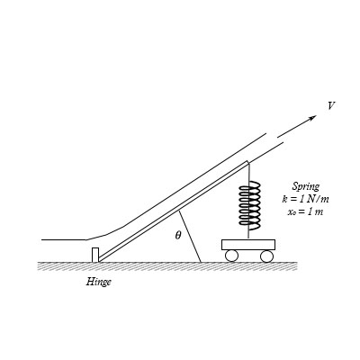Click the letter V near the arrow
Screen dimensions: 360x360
pyautogui.click(x=331, y=106)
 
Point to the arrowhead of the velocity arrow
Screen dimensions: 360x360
pyautogui.click(x=313, y=117)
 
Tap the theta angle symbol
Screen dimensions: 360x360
pyautogui.click(x=178, y=235)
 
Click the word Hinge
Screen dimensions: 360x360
pyautogui.click(x=99, y=282)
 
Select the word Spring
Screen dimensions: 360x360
pyautogui.click(x=306, y=187)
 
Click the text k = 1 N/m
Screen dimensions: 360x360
pyautogui.click(x=305, y=199)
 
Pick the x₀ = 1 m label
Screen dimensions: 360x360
pyautogui.click(x=305, y=211)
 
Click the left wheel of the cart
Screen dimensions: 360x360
pyautogui.click(x=231, y=256)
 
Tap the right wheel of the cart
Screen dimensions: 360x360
pyautogui.click(x=266, y=256)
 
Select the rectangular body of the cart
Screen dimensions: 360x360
pyautogui.click(x=248, y=245)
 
